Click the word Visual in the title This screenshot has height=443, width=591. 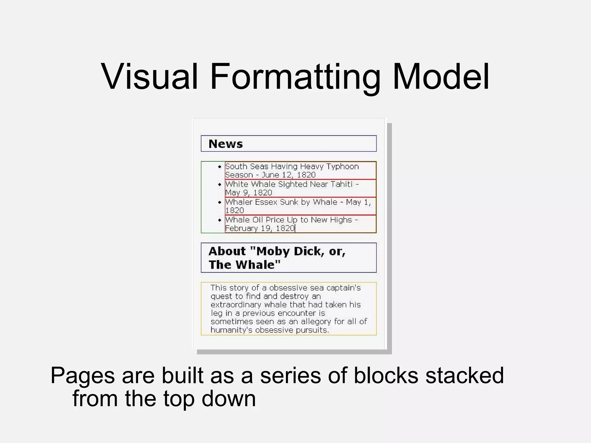pos(149,77)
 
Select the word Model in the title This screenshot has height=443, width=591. pos(441,77)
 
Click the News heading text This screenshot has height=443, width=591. pos(226,144)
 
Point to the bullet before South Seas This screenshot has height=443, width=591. pos(220,167)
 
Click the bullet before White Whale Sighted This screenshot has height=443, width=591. pos(220,184)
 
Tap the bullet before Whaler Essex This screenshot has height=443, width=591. pos(220,202)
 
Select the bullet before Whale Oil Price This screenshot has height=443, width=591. pos(220,220)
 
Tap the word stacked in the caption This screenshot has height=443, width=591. pos(465,376)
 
